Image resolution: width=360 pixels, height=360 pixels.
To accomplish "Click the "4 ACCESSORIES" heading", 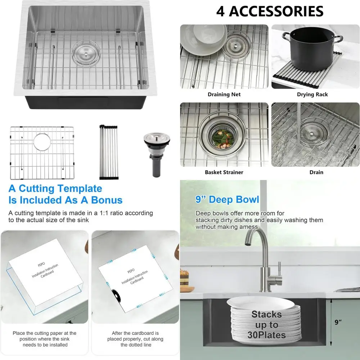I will click(270, 11).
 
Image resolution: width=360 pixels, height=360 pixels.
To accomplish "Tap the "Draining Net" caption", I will click(224, 95).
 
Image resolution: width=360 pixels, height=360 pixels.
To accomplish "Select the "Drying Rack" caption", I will click(312, 95).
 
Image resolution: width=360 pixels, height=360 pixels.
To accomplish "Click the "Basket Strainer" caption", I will click(224, 172).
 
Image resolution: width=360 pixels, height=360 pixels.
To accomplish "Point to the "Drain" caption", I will click(316, 172).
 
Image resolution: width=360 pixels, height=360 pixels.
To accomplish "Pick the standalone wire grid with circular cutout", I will click(41, 153).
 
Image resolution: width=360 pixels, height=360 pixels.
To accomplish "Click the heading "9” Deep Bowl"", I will click(227, 199).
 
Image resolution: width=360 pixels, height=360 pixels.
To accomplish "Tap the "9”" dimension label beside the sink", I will click(338, 322).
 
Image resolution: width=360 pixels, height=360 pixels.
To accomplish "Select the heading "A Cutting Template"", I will click(55, 188).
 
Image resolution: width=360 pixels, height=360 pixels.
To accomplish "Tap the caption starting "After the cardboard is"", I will click(135, 339).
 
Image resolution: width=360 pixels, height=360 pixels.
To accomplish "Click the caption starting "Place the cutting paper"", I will click(44, 339).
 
